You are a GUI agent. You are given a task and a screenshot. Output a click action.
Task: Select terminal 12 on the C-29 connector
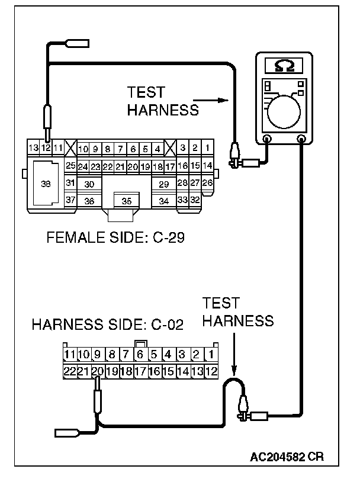tap(46, 147)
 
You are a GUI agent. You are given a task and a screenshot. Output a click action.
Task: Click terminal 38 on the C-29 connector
tap(46, 184)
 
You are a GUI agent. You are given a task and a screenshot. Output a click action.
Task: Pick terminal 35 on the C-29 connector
tap(127, 201)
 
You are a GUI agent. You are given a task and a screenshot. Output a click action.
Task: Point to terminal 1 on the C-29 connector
tap(207, 147)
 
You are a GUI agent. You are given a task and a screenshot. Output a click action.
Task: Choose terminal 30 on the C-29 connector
tap(89, 184)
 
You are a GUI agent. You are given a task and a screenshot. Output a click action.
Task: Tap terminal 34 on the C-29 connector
tap(163, 201)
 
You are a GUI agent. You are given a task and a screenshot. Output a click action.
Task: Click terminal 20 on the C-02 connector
tap(97, 371)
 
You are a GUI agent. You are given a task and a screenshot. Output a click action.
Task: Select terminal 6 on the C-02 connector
tap(140, 356)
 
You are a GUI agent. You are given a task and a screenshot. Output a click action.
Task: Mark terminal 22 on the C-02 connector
tap(69, 371)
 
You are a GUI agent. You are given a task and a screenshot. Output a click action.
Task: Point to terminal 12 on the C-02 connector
tap(211, 371)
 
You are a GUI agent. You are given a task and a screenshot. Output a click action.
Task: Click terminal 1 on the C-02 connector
tap(211, 356)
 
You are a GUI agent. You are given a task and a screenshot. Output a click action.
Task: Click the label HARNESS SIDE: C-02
tap(107, 325)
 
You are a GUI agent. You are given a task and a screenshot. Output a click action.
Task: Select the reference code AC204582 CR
tap(287, 457)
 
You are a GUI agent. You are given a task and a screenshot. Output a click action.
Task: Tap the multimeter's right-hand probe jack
tap(302, 140)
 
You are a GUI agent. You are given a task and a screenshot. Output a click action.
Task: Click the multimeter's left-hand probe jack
tap(267, 140)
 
